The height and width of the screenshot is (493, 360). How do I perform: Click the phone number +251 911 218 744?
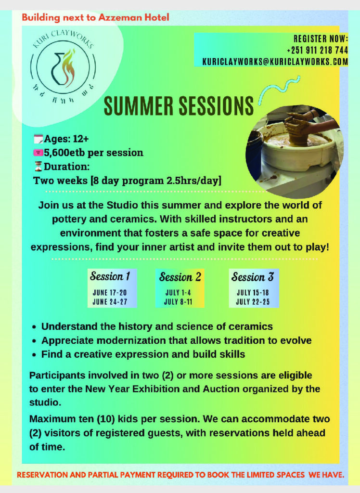(317, 50)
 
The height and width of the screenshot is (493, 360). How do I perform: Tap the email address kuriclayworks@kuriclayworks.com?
(275, 62)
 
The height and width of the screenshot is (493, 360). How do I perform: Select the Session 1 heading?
(110, 276)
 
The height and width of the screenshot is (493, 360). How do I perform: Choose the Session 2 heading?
(180, 277)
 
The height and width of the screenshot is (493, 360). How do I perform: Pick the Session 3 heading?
(253, 277)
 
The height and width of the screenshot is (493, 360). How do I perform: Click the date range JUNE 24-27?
(110, 302)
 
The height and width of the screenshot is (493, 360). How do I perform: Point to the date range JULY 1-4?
(178, 292)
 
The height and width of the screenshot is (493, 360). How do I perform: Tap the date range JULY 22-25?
(253, 302)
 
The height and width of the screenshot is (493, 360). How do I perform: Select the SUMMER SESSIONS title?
(179, 105)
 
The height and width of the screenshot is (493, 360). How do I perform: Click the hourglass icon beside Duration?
(38, 166)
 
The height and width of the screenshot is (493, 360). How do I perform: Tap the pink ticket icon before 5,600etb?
(38, 153)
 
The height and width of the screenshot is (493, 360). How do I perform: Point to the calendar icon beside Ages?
(39, 139)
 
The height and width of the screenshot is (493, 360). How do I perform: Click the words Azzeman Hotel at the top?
(134, 17)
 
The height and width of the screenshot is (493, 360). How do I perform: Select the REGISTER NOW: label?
(321, 39)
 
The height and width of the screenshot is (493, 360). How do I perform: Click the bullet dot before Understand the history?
(34, 327)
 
